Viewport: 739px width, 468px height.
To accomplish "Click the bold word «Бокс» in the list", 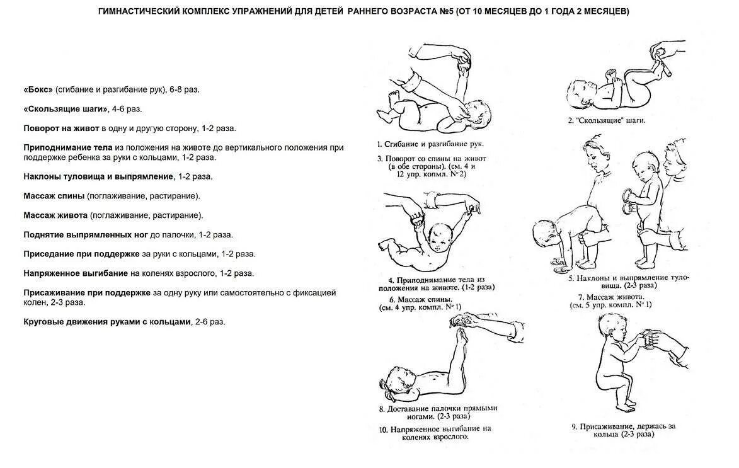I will (x=39, y=89).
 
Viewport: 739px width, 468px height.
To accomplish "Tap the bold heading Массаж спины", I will (x=54, y=196).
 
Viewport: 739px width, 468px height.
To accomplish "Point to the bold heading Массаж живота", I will (x=55, y=215).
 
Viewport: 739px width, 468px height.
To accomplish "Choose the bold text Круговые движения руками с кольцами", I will (x=107, y=321).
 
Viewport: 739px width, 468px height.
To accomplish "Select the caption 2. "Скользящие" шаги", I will (x=607, y=119).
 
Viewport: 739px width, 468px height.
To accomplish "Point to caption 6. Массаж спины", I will (x=421, y=299).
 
